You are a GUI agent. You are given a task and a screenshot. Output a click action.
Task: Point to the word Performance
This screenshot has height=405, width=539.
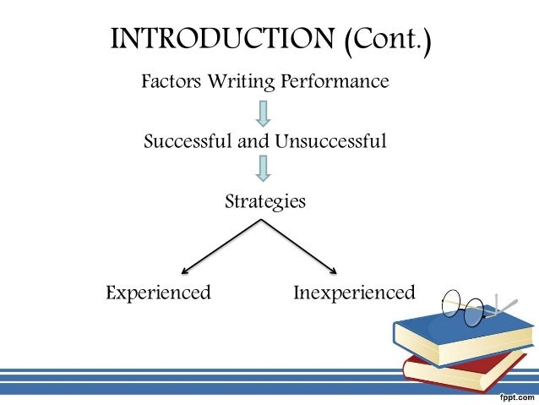pyautogui.click(x=338, y=82)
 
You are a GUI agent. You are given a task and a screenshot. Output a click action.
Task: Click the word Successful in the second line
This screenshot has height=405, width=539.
pyautogui.click(x=188, y=141)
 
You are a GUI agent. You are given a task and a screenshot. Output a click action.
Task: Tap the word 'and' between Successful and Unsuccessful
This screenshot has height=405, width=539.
pyautogui.click(x=251, y=141)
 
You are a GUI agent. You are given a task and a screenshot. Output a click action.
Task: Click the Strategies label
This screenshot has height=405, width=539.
pyautogui.click(x=264, y=202)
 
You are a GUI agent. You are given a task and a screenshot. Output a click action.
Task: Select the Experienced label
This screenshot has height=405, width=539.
pyautogui.click(x=158, y=293)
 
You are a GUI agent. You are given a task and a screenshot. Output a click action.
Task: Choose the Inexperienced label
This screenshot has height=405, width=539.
pyautogui.click(x=354, y=293)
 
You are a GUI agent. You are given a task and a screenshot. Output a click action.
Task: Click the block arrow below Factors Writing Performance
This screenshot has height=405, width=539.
pyautogui.click(x=264, y=112)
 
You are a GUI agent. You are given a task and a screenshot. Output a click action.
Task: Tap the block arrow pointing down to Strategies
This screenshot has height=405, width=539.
pyautogui.click(x=264, y=168)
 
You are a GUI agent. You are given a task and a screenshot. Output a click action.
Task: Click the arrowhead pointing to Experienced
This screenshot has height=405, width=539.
pyautogui.click(x=186, y=271)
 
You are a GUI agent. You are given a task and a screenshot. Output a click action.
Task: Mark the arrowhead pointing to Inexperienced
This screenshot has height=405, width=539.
pyautogui.click(x=334, y=271)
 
